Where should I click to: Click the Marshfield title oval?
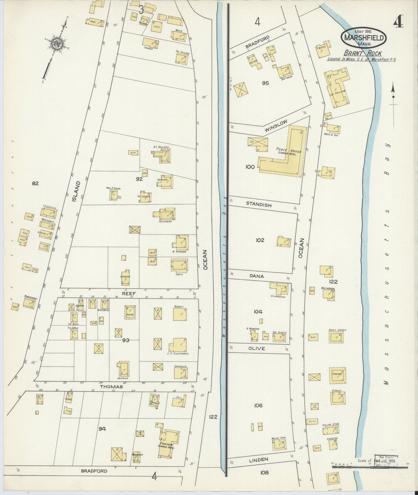[364, 38]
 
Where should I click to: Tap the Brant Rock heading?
[362, 53]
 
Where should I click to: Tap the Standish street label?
[259, 204]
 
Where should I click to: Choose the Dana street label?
[257, 276]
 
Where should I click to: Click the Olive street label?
[257, 348]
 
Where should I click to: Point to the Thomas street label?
[111, 386]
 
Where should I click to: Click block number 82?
[35, 183]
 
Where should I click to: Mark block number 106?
[258, 405]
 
